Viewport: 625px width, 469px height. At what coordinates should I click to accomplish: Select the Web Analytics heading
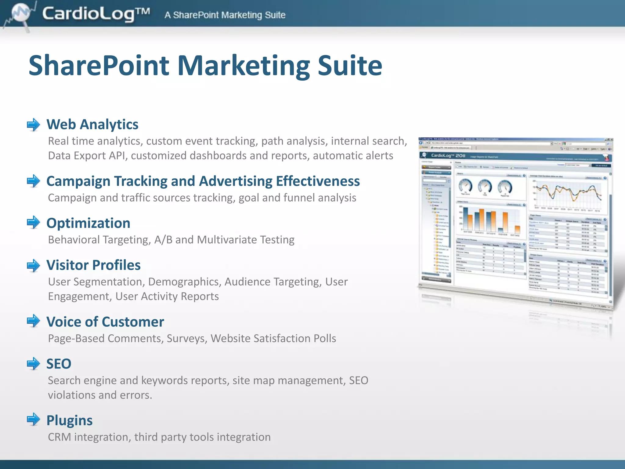92,124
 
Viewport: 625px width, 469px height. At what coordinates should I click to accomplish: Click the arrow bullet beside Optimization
33,222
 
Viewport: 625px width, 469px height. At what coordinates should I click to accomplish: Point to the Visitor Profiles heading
93,265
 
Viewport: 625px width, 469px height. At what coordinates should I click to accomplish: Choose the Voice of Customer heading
105,322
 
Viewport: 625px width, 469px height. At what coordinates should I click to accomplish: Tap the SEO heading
59,364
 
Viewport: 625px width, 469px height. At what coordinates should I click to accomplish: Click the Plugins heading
69,420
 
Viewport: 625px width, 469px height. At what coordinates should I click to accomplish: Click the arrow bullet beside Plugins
33,420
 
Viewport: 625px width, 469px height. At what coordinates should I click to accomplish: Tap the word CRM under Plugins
59,437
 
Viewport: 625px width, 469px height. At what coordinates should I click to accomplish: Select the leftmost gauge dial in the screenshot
465,186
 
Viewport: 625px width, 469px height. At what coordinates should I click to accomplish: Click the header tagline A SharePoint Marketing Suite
225,15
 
